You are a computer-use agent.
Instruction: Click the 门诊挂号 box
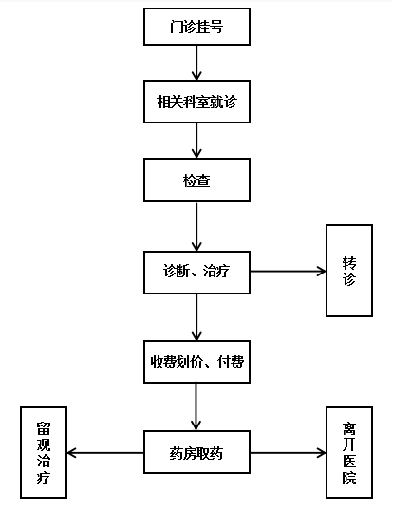tap(197, 27)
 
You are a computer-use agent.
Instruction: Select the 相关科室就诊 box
tap(197, 102)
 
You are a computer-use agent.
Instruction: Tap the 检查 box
tap(197, 180)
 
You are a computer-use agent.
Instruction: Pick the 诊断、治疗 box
tap(197, 273)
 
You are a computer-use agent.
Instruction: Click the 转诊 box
tap(349, 271)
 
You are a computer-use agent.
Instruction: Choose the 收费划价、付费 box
tap(197, 362)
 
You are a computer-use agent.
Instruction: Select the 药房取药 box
tap(197, 452)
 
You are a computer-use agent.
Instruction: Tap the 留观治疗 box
tap(44, 452)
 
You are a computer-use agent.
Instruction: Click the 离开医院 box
tap(349, 452)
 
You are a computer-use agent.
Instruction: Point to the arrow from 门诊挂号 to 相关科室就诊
tap(196, 63)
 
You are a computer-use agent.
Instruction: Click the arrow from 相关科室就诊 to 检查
tap(196, 141)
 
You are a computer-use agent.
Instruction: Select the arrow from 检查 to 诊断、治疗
tap(196, 227)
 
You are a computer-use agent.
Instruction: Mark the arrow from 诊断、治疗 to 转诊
tap(288, 271)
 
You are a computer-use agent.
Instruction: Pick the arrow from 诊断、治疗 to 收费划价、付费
tap(196, 317)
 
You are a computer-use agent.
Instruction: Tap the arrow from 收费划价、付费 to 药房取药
tap(196, 406)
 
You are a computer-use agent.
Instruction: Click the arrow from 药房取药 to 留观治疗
tap(105, 453)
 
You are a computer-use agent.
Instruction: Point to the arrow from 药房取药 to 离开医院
tap(288, 453)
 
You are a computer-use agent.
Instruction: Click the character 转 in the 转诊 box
tap(349, 263)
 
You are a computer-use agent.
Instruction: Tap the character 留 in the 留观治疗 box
tap(44, 428)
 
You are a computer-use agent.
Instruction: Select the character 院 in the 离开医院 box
tap(349, 478)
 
